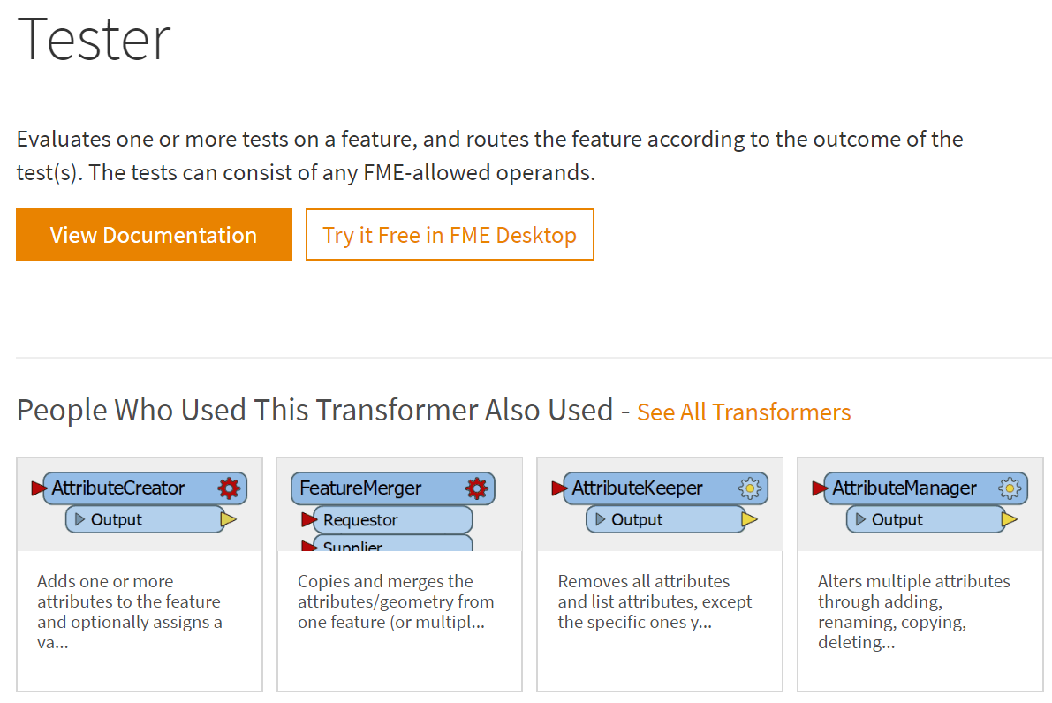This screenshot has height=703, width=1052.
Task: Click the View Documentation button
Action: (x=154, y=234)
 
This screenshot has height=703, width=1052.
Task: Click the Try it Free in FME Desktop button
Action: (x=450, y=234)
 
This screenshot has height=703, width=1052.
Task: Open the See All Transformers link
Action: (x=744, y=412)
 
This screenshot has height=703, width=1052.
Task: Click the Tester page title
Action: (x=94, y=40)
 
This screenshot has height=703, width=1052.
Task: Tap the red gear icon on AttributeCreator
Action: (x=229, y=488)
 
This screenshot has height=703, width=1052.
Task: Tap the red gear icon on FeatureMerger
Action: (x=477, y=488)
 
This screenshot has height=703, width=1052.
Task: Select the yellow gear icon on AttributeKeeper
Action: (x=750, y=488)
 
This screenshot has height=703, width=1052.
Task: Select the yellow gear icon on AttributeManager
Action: (x=1010, y=488)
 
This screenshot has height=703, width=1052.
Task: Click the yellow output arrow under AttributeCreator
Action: (x=228, y=519)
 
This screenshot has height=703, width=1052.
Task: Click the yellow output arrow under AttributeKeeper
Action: (x=749, y=519)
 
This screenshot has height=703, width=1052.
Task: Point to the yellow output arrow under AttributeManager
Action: (x=1009, y=519)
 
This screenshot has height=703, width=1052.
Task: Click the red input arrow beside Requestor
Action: (x=308, y=519)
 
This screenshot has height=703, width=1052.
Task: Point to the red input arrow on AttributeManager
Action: (x=819, y=488)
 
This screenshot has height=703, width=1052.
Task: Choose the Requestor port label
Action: (x=360, y=520)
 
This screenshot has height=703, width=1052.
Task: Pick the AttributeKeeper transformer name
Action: (x=638, y=488)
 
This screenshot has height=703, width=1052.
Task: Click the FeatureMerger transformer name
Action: (x=360, y=488)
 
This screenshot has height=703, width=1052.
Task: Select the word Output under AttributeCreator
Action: (x=116, y=520)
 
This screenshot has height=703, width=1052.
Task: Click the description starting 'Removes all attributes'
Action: (x=655, y=601)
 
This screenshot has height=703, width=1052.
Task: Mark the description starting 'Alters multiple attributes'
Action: (x=914, y=612)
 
